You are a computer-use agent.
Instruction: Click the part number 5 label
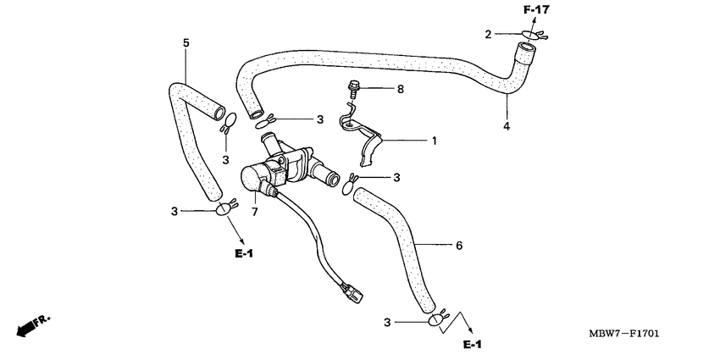pos(186,42)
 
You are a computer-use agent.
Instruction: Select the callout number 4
pos(507,126)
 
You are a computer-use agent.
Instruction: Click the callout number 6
pos(459,246)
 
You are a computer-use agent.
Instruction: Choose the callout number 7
pos(252,210)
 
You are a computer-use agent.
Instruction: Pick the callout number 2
pos(488,34)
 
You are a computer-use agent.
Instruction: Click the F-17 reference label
pos(536,9)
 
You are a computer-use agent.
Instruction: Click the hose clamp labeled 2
pos(532,36)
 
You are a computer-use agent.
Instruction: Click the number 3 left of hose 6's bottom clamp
pos(388,322)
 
